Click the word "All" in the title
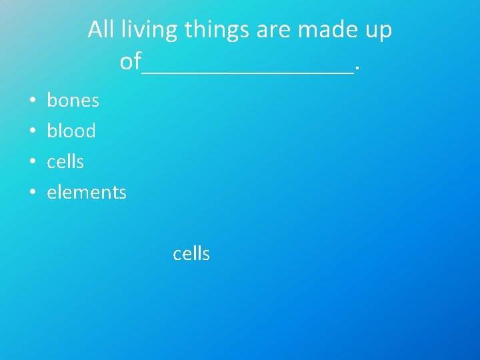[x=101, y=29]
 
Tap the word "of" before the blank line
[x=130, y=61]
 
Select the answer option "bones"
[x=73, y=101]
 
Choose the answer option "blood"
[x=71, y=131]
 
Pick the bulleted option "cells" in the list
[x=65, y=161]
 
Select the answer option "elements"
[x=86, y=193]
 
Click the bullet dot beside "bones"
[x=32, y=101]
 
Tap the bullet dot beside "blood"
[x=32, y=132]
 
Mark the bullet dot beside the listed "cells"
[x=32, y=163]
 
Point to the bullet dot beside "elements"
[x=32, y=193]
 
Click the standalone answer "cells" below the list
[x=191, y=254]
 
